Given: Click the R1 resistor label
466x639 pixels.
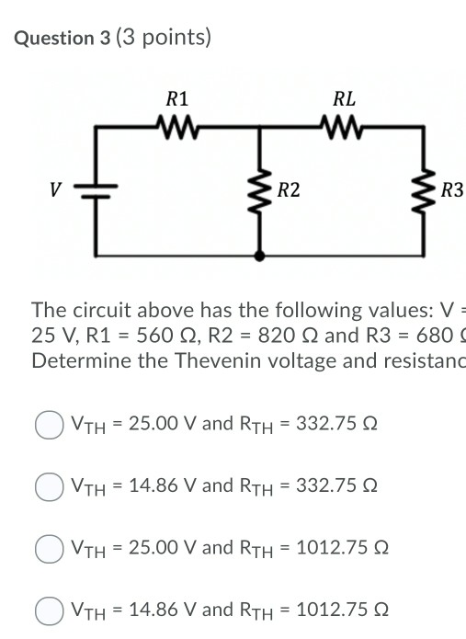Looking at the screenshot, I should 178,98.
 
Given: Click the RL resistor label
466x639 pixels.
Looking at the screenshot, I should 346,98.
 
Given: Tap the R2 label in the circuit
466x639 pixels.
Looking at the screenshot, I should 288,191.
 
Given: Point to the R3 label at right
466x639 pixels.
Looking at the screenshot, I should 452,191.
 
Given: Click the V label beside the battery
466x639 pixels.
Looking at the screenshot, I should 56,191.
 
